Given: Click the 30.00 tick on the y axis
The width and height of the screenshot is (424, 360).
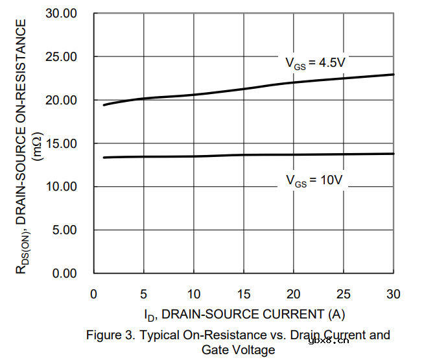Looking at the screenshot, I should tap(62, 14).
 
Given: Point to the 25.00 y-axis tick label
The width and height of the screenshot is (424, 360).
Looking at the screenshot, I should tap(62, 57).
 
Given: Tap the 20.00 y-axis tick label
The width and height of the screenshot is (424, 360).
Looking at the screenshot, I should tap(62, 101).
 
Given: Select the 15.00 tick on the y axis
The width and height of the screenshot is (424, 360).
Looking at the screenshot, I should tap(62, 143).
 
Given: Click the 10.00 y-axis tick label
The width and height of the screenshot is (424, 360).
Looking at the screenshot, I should tap(62, 187).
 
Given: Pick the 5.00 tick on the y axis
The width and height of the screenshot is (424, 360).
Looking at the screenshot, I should tap(65, 230).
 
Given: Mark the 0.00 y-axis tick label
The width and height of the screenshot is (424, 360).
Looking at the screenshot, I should tap(65, 273).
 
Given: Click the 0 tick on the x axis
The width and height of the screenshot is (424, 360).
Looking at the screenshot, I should tap(94, 294).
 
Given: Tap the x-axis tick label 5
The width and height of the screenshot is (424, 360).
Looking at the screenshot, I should tap(144, 294).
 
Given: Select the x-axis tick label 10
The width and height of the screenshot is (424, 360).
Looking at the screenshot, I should tap(194, 294).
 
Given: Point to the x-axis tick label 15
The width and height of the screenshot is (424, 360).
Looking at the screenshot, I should tap(244, 294).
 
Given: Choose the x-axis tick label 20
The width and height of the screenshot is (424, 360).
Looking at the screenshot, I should tap(294, 294).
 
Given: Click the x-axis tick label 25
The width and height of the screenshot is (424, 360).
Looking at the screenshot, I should tap(344, 294).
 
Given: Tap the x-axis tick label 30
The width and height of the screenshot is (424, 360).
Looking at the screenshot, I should tap(394, 294).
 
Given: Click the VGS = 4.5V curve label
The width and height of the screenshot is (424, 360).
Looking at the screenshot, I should tap(316, 63).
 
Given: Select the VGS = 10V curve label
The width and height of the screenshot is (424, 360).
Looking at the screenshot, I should tap(314, 181).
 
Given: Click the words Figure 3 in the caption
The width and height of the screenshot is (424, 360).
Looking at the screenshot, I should tap(112, 335).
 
